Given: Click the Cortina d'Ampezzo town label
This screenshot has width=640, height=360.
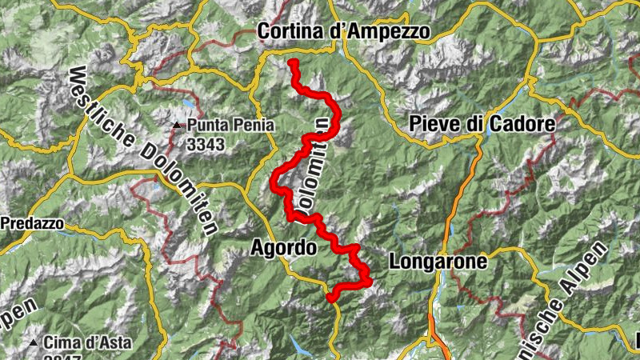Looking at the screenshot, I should pyautogui.click(x=344, y=31).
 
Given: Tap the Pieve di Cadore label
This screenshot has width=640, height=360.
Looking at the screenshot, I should pyautogui.click(x=482, y=124).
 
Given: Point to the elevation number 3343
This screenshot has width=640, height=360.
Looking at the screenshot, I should pyautogui.click(x=206, y=144).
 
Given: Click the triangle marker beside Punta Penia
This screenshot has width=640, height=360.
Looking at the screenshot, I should pyautogui.click(x=178, y=126).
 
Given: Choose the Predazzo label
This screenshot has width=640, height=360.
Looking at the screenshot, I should pyautogui.click(x=30, y=225).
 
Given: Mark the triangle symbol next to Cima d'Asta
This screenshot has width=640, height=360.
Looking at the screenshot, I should pyautogui.click(x=33, y=343).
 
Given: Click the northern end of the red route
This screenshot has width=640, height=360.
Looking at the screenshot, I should pyautogui.click(x=294, y=62).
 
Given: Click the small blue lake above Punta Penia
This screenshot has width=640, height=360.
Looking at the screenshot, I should pyautogui.click(x=186, y=105).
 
